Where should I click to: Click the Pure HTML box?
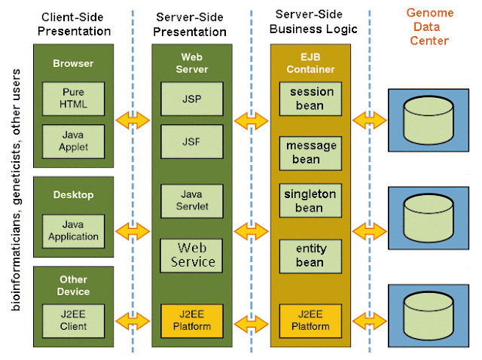73,98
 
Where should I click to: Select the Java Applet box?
73,141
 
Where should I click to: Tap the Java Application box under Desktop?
73,230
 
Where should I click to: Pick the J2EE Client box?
73,320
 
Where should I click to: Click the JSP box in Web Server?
191,98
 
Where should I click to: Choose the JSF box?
191,141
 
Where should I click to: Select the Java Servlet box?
191,200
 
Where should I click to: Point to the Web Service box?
191,255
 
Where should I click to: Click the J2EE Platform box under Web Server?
191,320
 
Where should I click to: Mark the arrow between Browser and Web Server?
133,119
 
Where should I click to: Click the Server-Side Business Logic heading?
310,23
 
